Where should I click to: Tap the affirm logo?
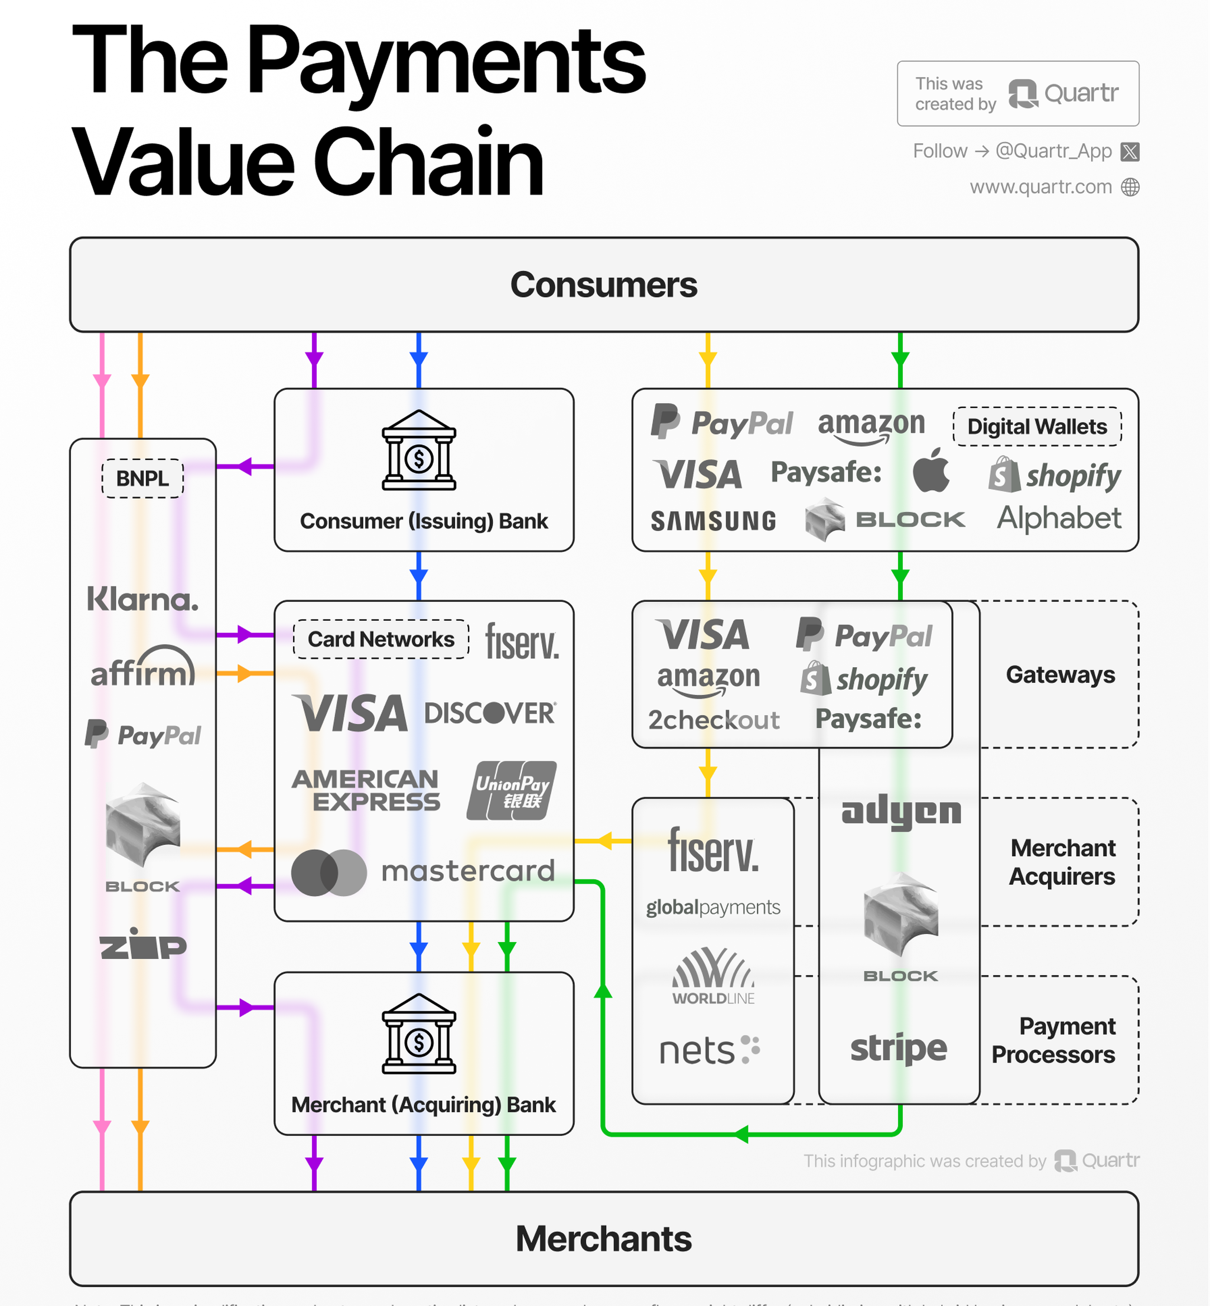[x=143, y=668]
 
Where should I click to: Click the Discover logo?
[x=490, y=713]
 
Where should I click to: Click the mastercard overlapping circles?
[x=329, y=872]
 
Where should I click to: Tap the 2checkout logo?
[x=714, y=719]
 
